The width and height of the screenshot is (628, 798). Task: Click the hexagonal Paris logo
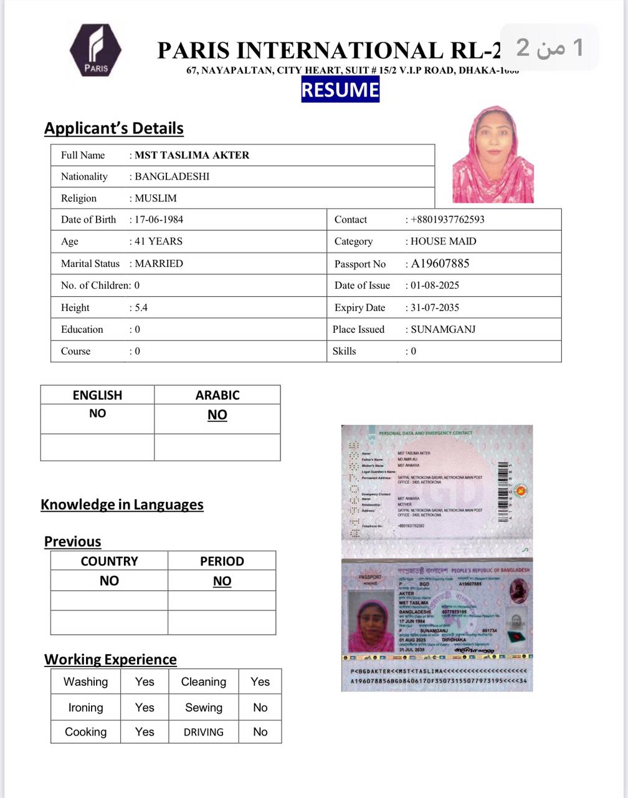point(95,50)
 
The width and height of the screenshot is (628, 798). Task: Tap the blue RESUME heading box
point(340,89)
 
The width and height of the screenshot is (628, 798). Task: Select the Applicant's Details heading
point(114,128)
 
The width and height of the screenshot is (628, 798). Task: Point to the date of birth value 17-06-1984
point(159,219)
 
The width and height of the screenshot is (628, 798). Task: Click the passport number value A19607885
point(440,264)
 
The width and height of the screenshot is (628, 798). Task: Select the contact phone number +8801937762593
point(447,219)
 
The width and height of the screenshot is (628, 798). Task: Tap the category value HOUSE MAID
point(443,241)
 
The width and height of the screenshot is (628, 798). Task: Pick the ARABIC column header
point(217,395)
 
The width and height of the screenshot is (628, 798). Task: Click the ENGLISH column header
point(97,395)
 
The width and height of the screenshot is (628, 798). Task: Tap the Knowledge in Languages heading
point(122,504)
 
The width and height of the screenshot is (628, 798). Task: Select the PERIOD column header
point(222,561)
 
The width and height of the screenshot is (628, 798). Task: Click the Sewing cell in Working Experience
point(204,708)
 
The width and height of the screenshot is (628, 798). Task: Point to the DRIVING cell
point(204,733)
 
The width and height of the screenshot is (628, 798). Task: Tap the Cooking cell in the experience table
point(86,732)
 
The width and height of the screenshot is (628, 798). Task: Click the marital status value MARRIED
point(159,264)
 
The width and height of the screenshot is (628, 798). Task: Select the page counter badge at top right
point(549,47)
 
